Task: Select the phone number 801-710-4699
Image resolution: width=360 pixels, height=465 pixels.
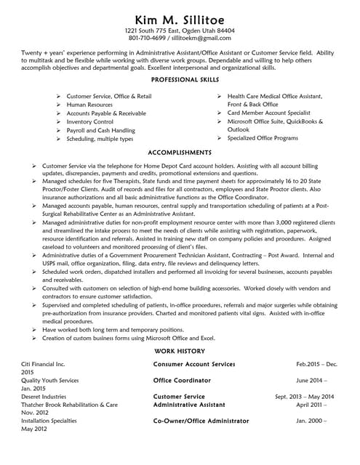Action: (x=145, y=39)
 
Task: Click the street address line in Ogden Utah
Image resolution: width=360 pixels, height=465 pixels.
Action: (x=180, y=31)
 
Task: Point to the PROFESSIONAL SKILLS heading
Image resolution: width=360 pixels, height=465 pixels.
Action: (x=180, y=79)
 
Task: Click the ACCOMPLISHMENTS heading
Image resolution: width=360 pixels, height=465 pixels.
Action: (x=180, y=153)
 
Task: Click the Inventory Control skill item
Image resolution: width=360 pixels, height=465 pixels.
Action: (x=89, y=122)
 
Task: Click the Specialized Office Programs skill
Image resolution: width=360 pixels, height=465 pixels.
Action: (x=263, y=138)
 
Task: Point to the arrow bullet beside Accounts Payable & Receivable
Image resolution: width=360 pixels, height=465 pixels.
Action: (x=59, y=113)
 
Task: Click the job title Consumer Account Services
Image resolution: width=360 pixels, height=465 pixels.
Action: (x=194, y=363)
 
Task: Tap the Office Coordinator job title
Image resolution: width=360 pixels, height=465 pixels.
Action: (x=182, y=380)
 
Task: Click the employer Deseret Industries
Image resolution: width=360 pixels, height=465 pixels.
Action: (x=45, y=397)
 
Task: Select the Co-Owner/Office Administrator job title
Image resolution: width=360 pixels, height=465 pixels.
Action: (x=201, y=421)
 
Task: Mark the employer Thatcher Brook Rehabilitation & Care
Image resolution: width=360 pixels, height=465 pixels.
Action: (x=69, y=405)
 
